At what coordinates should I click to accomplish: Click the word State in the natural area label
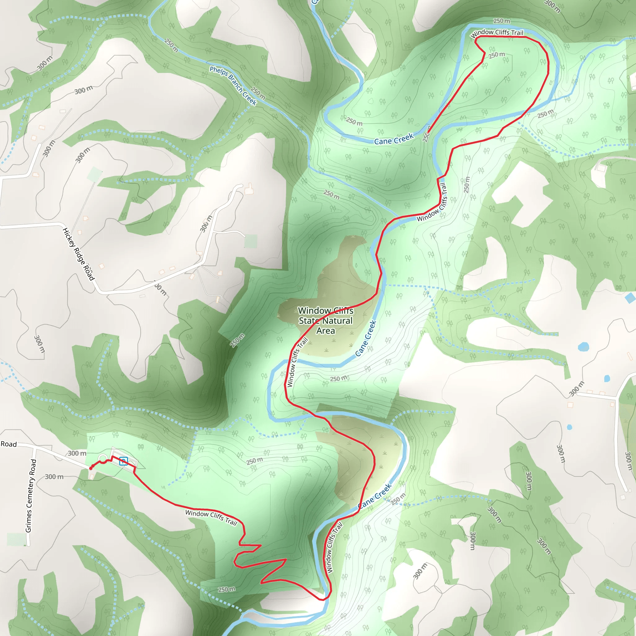tap(309, 320)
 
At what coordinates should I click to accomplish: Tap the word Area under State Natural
tap(325, 331)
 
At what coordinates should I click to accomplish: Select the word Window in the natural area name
tap(314, 311)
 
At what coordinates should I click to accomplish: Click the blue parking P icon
tap(124, 461)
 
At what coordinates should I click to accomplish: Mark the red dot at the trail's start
tap(91, 468)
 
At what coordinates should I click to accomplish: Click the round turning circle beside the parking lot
tap(103, 458)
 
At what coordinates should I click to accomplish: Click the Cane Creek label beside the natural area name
tap(366, 338)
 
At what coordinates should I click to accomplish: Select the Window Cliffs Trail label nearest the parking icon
tap(211, 517)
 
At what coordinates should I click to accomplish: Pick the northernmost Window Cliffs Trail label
tap(497, 33)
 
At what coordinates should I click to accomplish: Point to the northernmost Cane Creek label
tap(393, 139)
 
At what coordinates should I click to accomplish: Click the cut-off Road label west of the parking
tap(9, 444)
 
